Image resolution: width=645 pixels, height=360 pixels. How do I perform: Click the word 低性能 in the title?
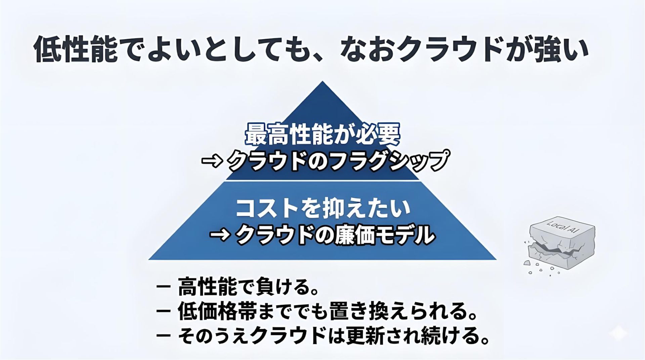(76, 49)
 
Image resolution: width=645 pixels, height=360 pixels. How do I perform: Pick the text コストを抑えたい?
(322, 208)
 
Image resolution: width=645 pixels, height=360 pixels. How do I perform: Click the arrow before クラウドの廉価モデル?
(220, 235)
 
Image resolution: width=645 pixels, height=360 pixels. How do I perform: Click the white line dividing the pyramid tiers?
(322, 180)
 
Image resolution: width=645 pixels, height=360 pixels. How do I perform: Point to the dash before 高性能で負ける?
(163, 288)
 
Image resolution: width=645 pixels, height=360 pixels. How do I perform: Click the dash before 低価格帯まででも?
(163, 311)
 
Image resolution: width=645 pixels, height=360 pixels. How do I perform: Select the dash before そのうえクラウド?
(163, 335)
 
